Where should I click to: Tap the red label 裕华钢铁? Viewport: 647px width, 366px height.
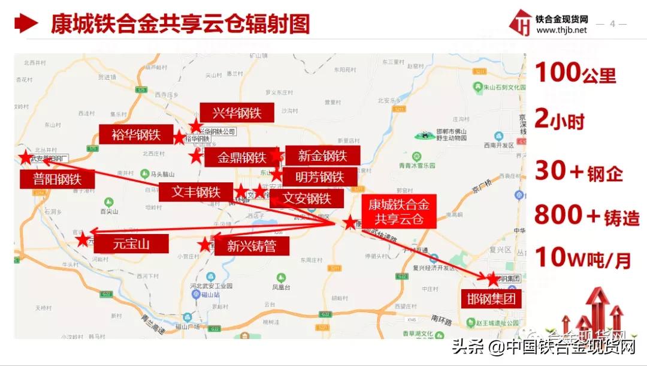[136, 134]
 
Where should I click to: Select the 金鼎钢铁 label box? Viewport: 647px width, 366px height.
[241, 158]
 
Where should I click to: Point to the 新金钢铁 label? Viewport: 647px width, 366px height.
[322, 155]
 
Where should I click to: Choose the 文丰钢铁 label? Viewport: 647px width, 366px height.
[196, 192]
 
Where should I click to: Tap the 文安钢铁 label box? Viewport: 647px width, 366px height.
[307, 198]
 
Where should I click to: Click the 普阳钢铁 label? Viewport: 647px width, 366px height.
[57, 178]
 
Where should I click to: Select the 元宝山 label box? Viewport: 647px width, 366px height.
[131, 243]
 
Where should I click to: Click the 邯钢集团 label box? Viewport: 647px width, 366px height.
[491, 298]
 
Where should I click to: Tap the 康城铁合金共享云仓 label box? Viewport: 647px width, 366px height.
[398, 211]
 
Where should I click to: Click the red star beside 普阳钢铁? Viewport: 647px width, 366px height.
[25, 158]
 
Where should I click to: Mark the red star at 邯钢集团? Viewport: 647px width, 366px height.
[493, 279]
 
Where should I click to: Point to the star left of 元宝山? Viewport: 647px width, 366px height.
[82, 240]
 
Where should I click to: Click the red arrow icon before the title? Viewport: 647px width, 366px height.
[26, 25]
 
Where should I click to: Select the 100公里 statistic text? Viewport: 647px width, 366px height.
[575, 74]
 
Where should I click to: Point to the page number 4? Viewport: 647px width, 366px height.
[612, 24]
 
